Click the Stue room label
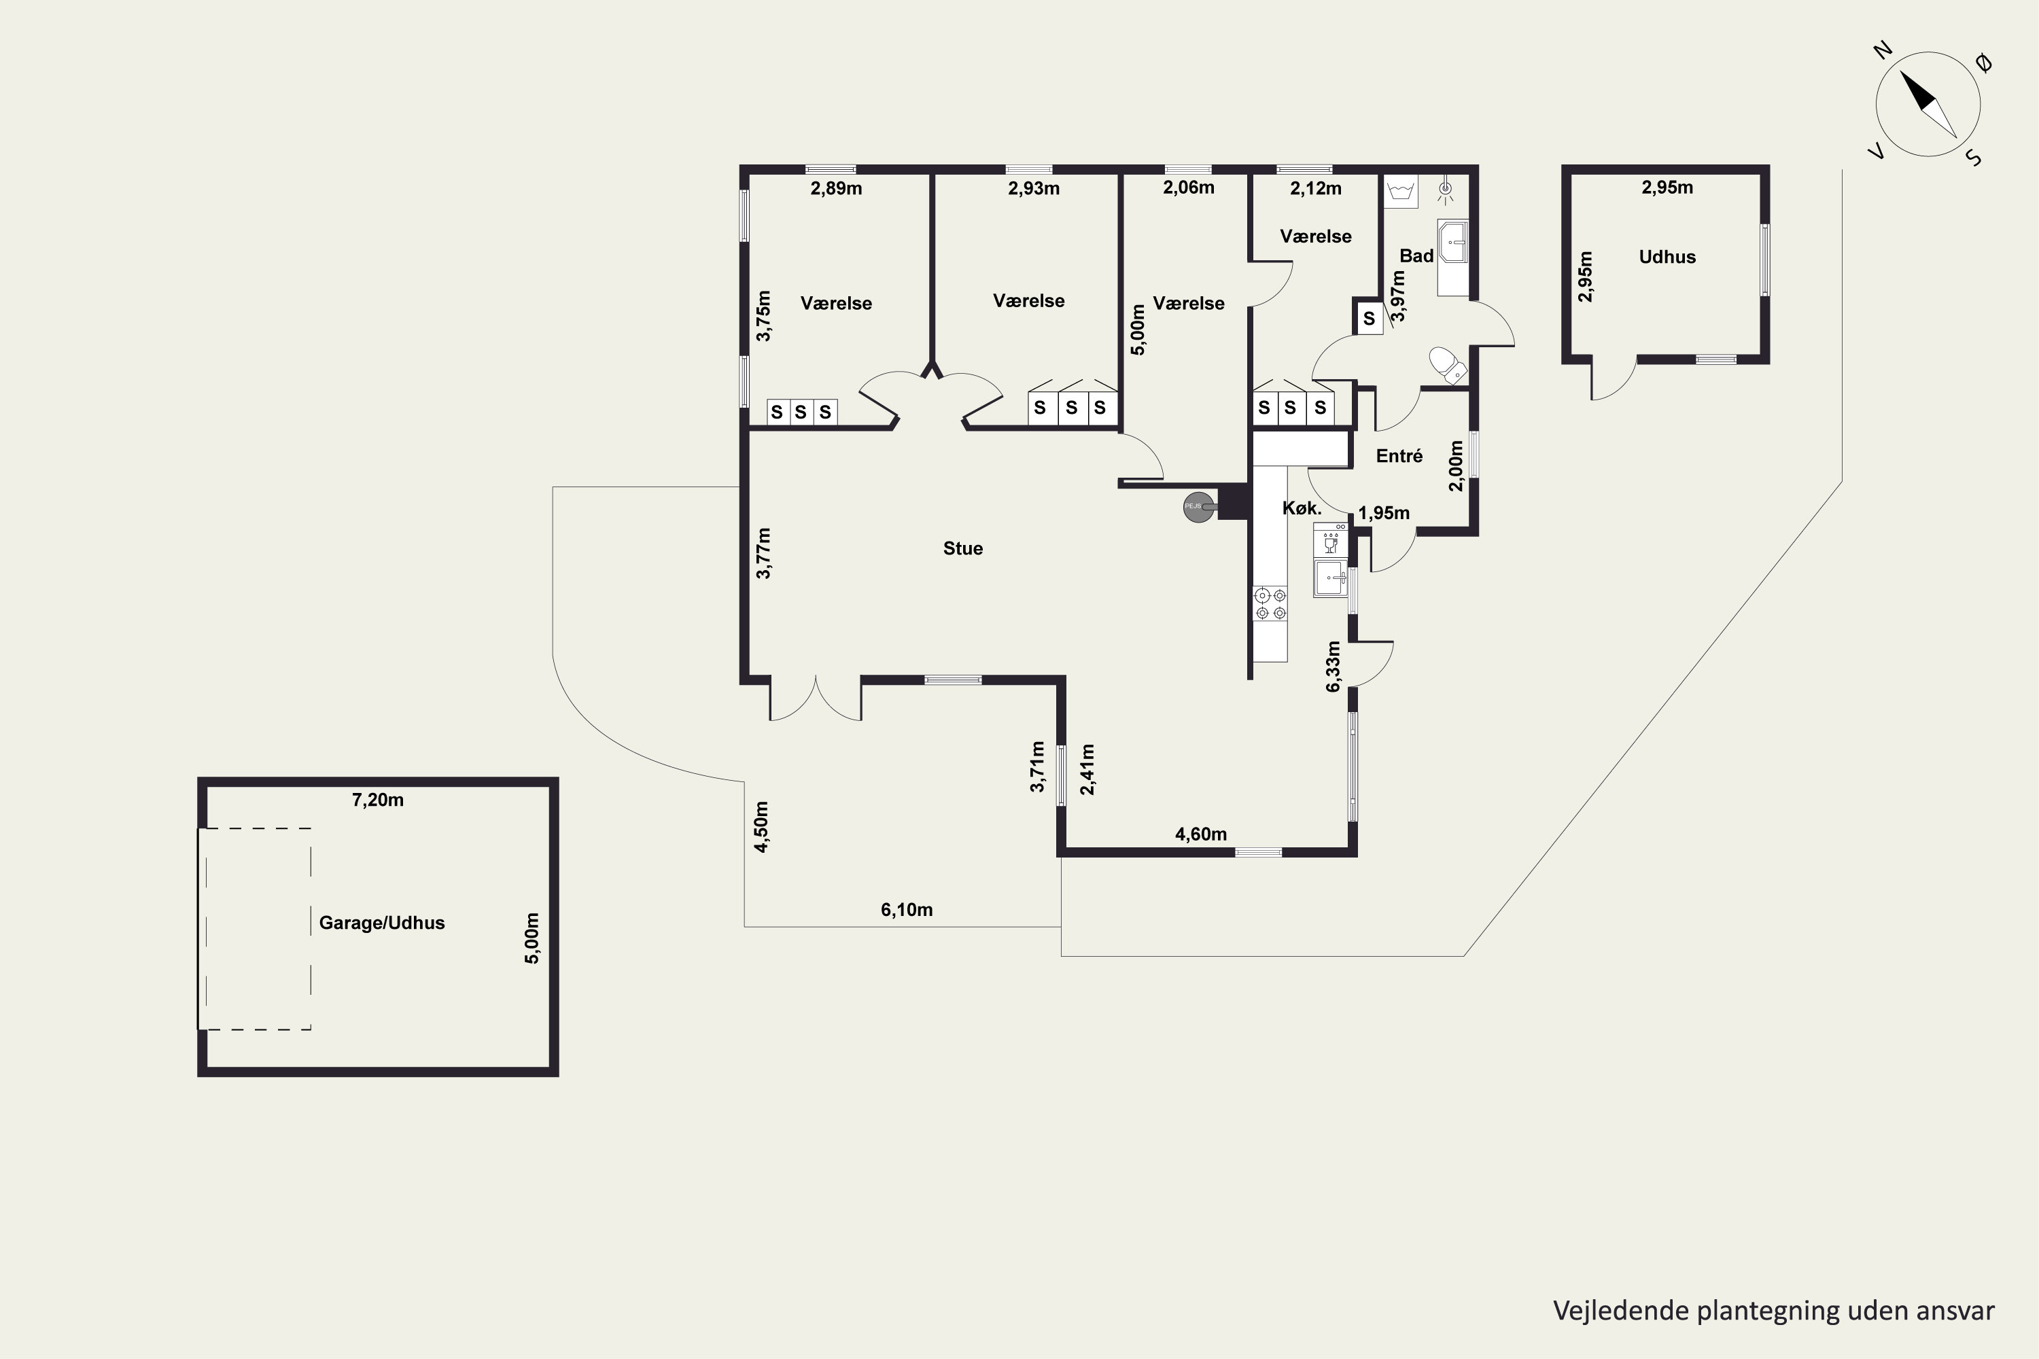pos(962,548)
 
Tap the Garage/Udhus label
pos(381,923)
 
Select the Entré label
pos(1399,456)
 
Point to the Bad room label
pos(1416,255)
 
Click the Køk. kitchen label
pos(1302,509)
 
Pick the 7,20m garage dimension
pos(377,800)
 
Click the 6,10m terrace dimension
pos(907,910)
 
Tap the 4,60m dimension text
pos(1201,834)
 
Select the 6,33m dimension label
pos(1334,667)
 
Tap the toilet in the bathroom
pos(1447,364)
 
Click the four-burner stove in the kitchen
pos(1271,604)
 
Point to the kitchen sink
pos(1331,577)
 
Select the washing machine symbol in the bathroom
pos(1400,192)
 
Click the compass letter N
pos(1882,51)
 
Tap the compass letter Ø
pos(1983,63)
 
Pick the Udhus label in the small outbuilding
pos(1667,258)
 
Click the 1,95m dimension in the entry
pos(1384,513)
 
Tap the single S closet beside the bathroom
pos(1369,318)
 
